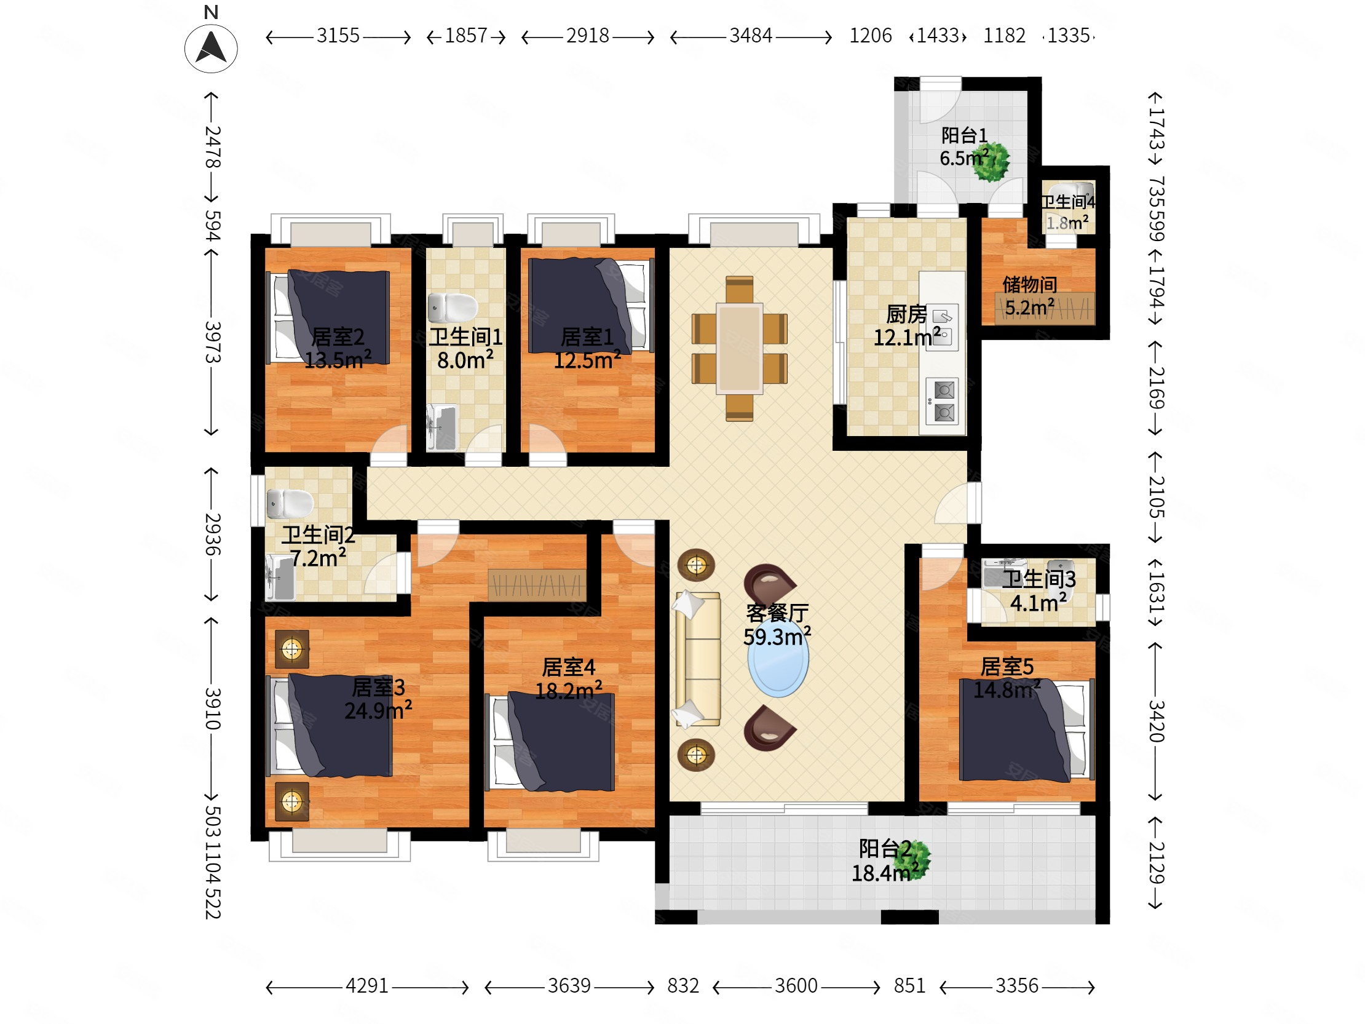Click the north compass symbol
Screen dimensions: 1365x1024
tap(211, 49)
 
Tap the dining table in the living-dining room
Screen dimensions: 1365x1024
tap(739, 348)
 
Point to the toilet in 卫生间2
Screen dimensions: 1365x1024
tap(290, 504)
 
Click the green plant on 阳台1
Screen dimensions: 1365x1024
tap(991, 162)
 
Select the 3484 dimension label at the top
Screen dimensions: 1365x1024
tap(750, 36)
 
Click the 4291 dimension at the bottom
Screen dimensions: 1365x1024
tap(366, 986)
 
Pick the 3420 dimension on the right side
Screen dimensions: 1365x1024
tap(1156, 721)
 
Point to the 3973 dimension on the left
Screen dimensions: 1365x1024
tap(212, 342)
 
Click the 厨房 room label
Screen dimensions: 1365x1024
tap(906, 315)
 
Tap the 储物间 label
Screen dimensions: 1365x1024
tap(1029, 285)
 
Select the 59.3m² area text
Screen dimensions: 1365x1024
tap(777, 637)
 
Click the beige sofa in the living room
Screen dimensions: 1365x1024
tap(698, 659)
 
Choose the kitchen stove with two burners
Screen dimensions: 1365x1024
tap(943, 402)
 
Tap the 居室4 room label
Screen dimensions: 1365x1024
tap(568, 667)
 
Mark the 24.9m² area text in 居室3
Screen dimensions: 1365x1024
tap(378, 710)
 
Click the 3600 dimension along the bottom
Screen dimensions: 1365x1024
tap(796, 986)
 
